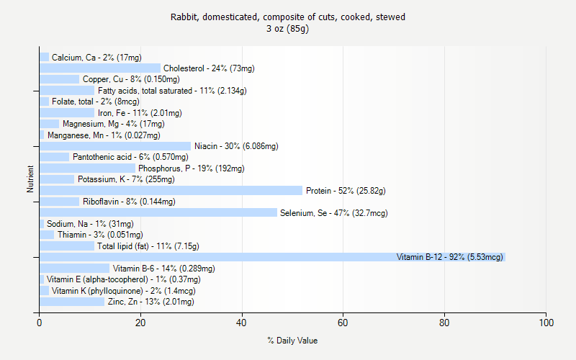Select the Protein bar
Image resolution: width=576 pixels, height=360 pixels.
171,190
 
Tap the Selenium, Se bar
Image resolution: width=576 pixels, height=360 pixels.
158,212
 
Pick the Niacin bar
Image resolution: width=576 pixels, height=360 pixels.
115,146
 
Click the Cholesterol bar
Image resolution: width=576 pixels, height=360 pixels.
100,68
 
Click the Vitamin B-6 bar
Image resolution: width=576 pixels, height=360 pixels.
74,268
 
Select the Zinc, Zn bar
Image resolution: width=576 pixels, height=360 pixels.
72,302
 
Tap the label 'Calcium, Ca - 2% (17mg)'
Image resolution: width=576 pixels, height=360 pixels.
96,57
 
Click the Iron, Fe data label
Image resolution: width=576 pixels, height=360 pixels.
140,113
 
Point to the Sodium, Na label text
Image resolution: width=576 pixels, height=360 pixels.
90,224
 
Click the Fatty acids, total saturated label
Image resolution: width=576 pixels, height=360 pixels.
172,91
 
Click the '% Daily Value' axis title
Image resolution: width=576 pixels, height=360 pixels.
292,341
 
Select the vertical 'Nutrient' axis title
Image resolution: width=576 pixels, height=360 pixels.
30,179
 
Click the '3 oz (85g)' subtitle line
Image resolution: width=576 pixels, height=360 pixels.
288,29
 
